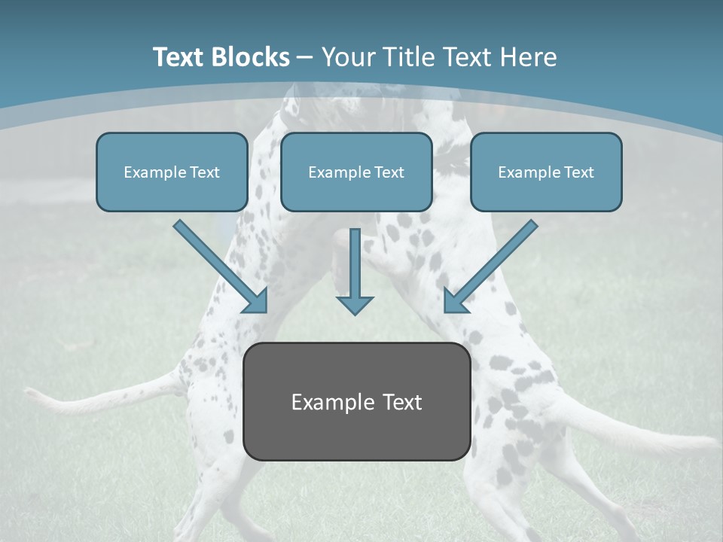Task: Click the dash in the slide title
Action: [305, 58]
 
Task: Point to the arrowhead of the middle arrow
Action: [355, 305]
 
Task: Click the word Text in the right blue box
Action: [578, 172]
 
